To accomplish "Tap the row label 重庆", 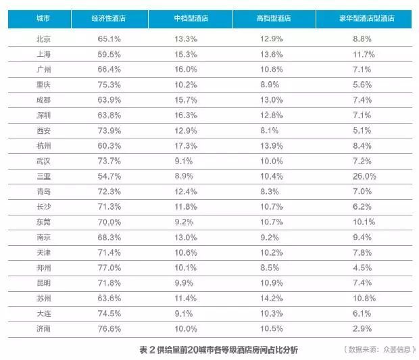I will pos(43,84).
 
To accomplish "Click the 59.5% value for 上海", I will pos(109,54).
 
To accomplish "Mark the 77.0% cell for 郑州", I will pos(109,267).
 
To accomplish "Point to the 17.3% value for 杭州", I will pos(186,145).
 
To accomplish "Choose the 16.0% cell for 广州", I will pos(186,69).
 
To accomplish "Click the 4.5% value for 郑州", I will pos(362,267).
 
